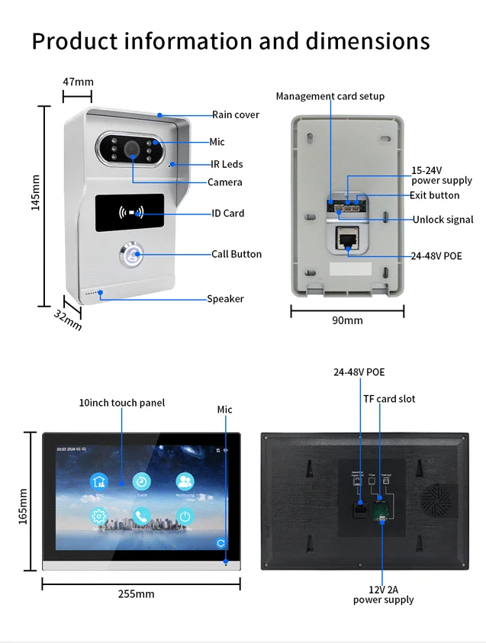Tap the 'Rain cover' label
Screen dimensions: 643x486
(x=235, y=114)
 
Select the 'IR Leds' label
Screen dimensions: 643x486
(x=227, y=164)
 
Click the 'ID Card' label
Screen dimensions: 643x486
(x=227, y=213)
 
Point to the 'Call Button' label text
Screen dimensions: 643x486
(x=236, y=254)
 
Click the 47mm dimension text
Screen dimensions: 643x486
(x=78, y=82)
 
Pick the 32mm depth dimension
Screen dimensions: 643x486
(x=67, y=320)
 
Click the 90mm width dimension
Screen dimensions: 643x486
(x=347, y=320)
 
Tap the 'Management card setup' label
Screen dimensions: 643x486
(x=330, y=96)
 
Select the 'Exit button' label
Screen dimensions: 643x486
(x=434, y=195)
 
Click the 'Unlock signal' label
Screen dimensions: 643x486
(x=443, y=220)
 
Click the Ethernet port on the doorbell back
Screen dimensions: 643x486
(x=348, y=238)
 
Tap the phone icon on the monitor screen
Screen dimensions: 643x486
(x=141, y=516)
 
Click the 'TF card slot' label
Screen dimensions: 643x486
(x=388, y=399)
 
